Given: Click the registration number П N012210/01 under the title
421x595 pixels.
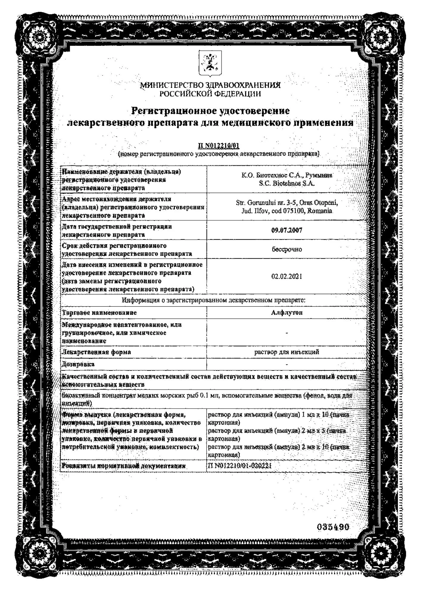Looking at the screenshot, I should (219, 146).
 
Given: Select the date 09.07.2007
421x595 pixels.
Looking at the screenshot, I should (287, 230).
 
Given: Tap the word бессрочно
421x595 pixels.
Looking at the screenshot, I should (287, 249).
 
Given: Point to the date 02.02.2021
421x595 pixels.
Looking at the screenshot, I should (287, 276).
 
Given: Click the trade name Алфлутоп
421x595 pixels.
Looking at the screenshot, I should (287, 312).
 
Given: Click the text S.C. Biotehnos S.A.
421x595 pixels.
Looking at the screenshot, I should (287, 184).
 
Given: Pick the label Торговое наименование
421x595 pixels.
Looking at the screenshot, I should (99, 313).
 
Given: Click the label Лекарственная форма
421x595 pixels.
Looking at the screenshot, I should (96, 352).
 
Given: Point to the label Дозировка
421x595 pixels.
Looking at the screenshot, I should (78, 364).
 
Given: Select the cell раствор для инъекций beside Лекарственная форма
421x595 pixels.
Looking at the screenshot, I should (287, 352).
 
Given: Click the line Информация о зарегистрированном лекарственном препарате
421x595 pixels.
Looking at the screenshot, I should (213, 300).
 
